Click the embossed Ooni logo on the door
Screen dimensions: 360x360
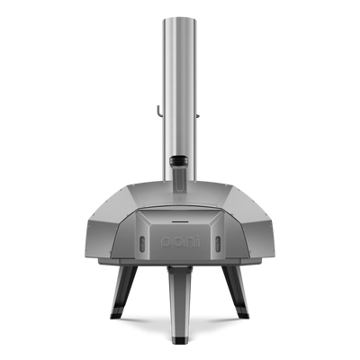coord(180,242)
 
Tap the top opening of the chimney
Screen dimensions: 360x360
coord(180,20)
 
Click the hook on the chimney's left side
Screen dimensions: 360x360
coord(159,111)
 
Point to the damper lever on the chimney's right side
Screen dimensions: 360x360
coord(199,115)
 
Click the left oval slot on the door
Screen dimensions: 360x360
coord(142,241)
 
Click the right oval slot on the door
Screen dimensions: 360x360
coord(218,241)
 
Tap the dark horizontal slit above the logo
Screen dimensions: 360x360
coord(180,222)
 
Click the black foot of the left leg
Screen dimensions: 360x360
coord(115,313)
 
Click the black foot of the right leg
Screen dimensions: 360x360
coord(242,313)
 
